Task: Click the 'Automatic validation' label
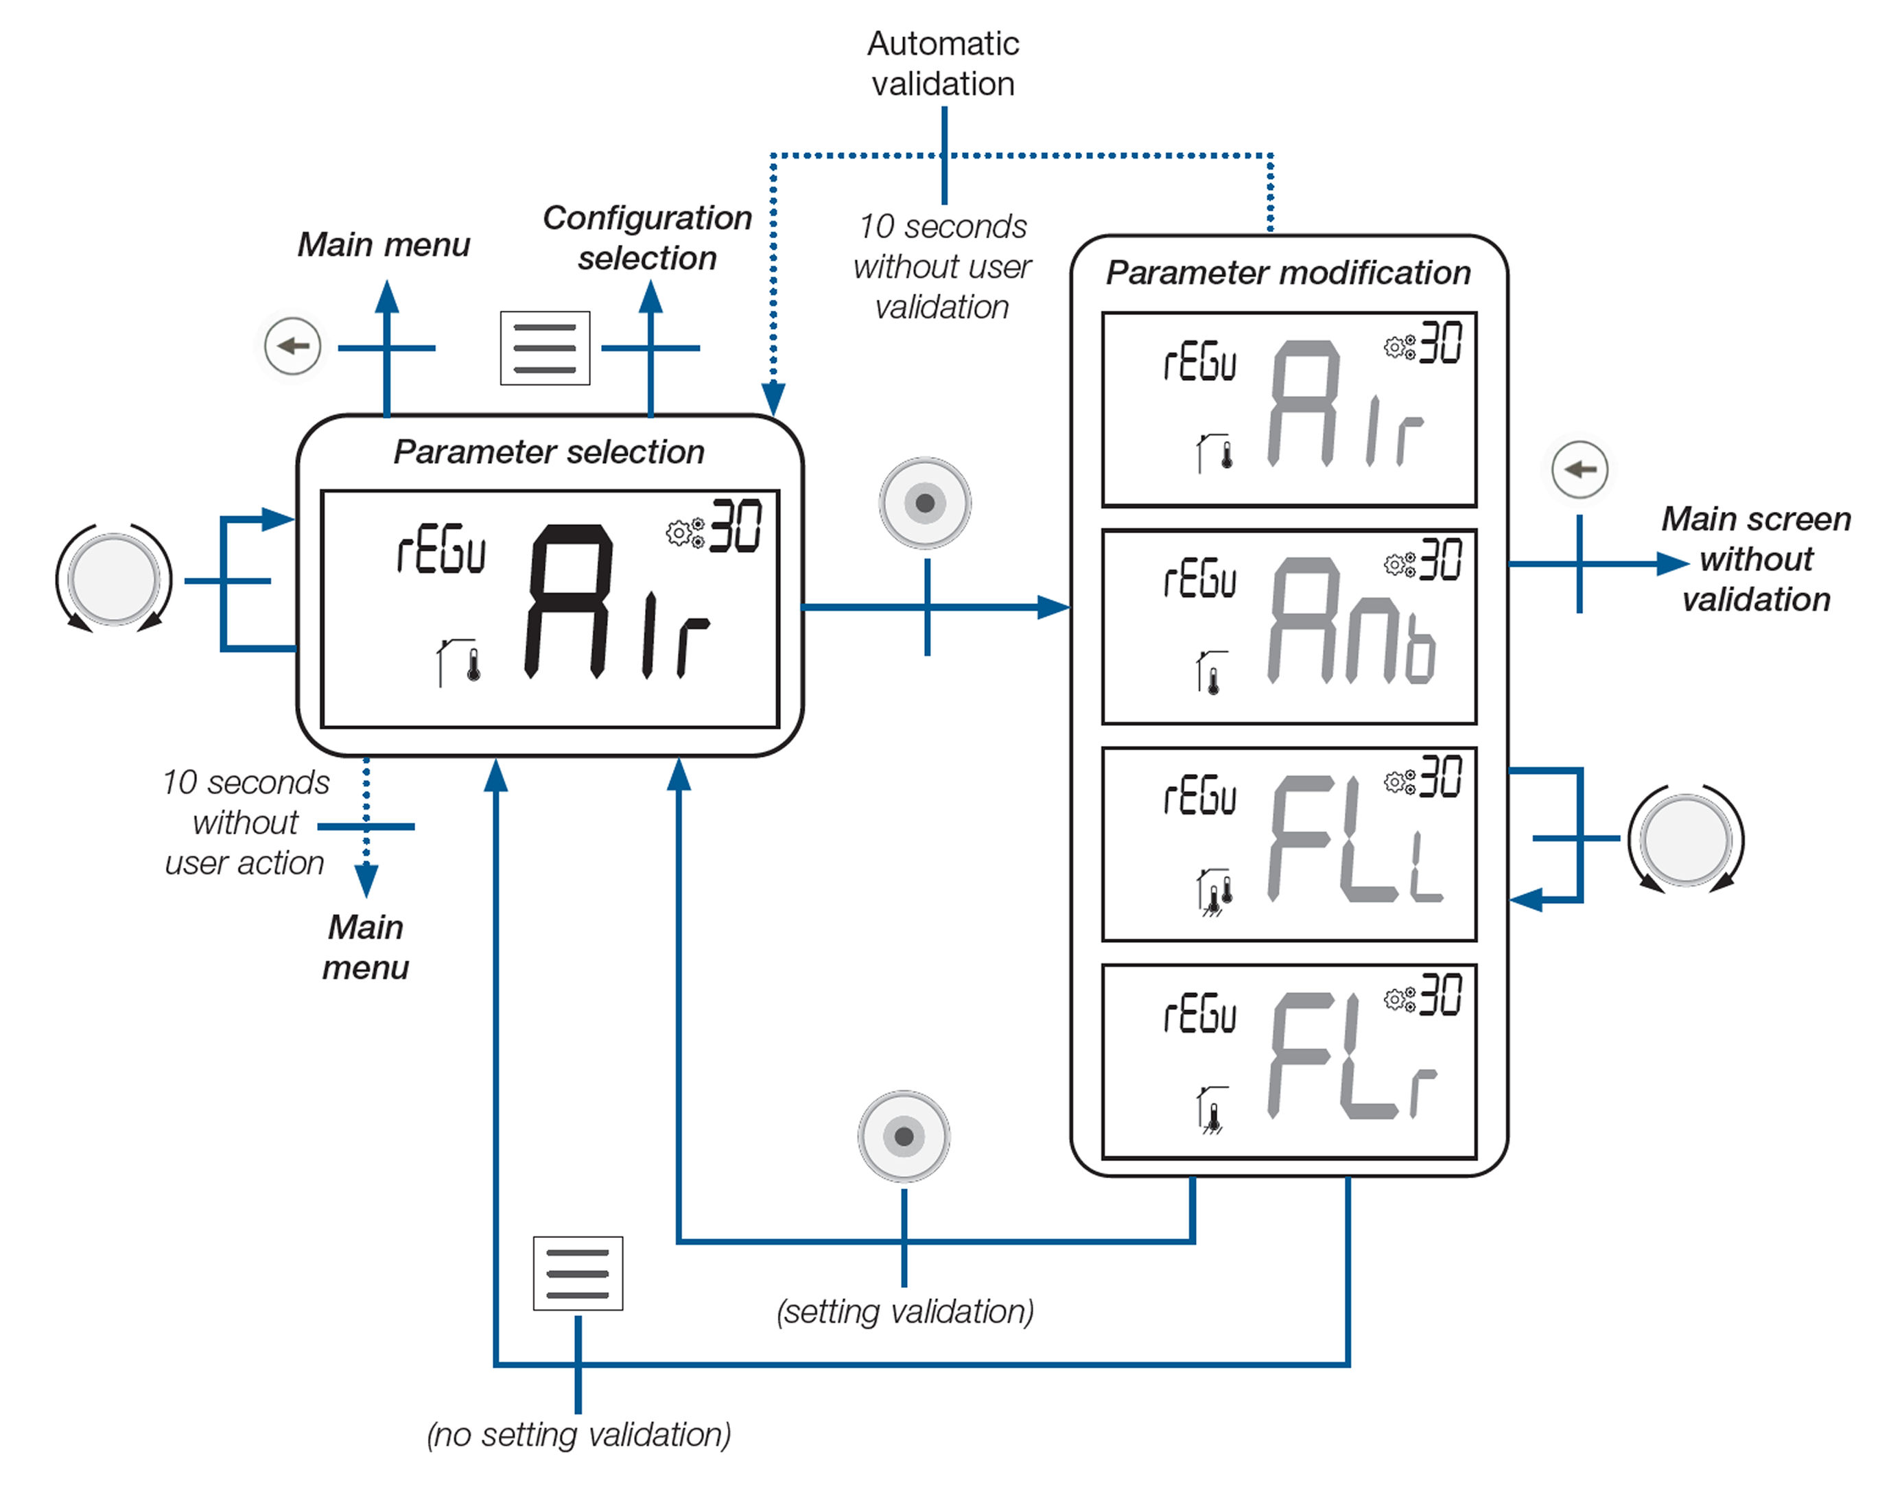(943, 64)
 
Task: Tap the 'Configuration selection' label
(647, 238)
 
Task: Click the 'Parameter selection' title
(549, 452)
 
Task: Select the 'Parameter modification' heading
(1288, 272)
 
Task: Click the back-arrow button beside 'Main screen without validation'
(1579, 469)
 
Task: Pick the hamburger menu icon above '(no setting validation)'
(578, 1273)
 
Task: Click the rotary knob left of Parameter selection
(114, 579)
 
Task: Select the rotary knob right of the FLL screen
(1685, 839)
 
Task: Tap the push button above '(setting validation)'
(904, 1136)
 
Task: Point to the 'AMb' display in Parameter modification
(1289, 627)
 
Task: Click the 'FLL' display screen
(1289, 844)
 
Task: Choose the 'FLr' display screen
(1289, 1061)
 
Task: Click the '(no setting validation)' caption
(578, 1435)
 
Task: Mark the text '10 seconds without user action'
(246, 822)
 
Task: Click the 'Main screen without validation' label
(1756, 559)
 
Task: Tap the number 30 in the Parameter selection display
(736, 526)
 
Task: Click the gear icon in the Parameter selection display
(685, 532)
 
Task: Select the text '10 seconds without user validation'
(942, 266)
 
